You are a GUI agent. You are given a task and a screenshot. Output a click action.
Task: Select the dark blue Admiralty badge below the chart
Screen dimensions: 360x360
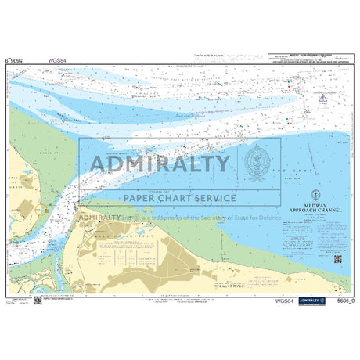(x=309, y=301)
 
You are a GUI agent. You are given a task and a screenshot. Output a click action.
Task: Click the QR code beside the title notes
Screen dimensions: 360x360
(x=338, y=259)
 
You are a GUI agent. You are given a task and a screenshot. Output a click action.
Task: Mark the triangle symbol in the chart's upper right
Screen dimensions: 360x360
(x=322, y=98)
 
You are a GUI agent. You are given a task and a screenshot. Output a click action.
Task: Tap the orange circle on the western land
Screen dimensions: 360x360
(x=38, y=211)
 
